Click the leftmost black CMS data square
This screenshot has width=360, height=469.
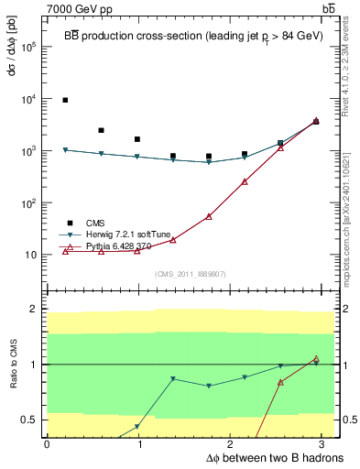65,100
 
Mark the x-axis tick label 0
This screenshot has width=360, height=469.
47,443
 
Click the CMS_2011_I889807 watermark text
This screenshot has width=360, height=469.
188,274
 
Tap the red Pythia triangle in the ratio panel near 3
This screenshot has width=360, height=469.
316,359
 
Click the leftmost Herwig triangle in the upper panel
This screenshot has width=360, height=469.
65,150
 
